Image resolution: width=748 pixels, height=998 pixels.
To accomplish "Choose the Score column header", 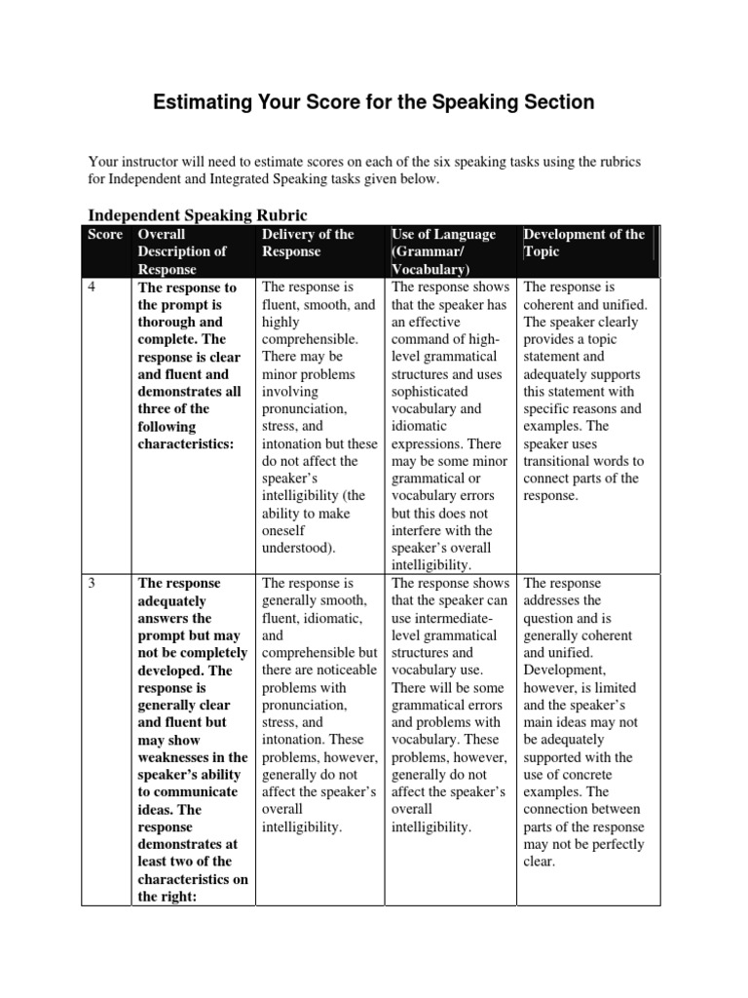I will coord(105,235).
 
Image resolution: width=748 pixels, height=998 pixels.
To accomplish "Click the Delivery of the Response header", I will coord(307,243).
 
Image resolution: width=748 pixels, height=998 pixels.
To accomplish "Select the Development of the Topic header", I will coord(583,243).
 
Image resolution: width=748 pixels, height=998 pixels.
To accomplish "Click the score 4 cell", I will coord(93,288).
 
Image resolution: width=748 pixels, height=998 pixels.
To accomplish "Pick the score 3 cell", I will coord(93,584).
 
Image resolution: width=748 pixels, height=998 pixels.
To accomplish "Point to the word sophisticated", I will coord(431,392).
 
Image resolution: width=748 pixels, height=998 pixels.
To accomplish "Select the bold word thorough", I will coord(168,323).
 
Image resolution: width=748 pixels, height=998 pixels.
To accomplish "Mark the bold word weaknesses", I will coord(176,757).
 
